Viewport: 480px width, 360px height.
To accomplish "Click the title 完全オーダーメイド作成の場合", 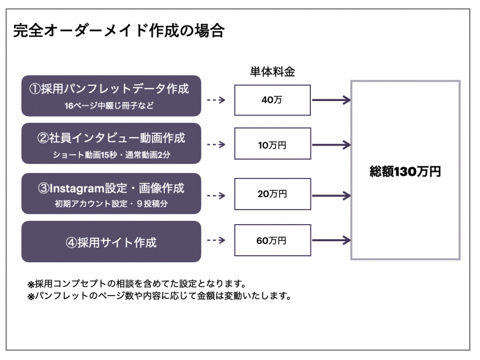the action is click(119, 31).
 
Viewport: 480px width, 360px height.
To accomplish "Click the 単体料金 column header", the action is click(272, 71).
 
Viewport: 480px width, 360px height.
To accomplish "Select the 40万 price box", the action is click(272, 100).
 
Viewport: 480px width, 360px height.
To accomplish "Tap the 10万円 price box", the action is click(272, 143).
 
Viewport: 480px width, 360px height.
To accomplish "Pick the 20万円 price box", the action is click(272, 194).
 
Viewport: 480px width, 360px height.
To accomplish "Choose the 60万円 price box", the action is click(272, 240).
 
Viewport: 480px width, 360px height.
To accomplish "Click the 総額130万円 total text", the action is click(405, 171).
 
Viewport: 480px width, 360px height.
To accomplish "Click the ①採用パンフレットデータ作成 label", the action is click(110, 89).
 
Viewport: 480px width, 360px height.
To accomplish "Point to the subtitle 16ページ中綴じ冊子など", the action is click(110, 106).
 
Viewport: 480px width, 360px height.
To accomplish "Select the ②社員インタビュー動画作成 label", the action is click(111, 138).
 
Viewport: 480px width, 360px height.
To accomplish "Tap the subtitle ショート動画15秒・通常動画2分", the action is click(112, 155).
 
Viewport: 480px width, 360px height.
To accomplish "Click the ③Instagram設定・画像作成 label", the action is click(111, 188).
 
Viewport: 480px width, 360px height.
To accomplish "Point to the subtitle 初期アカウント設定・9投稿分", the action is click(112, 204).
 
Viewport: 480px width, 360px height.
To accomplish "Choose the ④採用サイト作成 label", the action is click(111, 243).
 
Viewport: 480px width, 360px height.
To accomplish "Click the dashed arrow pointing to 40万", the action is click(216, 100).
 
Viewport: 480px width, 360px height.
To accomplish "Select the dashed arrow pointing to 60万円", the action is click(216, 240).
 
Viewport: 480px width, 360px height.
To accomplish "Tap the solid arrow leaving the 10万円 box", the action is click(331, 145).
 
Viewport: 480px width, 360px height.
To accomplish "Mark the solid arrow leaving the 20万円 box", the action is click(331, 196).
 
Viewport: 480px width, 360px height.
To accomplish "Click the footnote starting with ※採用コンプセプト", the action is click(137, 284).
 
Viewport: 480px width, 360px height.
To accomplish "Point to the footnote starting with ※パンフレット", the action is click(159, 296).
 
